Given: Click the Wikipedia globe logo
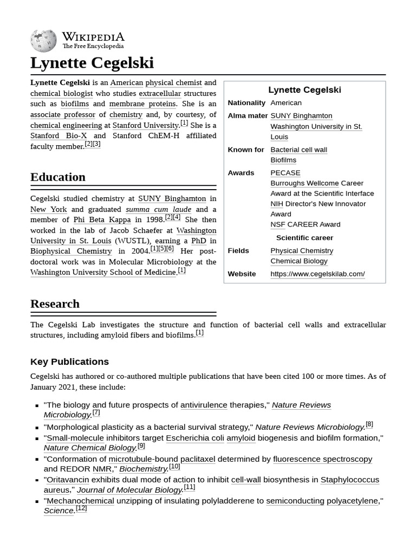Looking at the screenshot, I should (x=43, y=41).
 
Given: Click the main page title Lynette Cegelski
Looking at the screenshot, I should (x=92, y=63).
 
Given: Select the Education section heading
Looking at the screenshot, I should (x=58, y=177).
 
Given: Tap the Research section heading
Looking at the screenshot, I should (x=55, y=304).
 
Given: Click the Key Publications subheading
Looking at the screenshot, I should (x=69, y=362).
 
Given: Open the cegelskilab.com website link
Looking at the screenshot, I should (x=317, y=274).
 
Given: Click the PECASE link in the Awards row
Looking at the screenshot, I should (x=285, y=173).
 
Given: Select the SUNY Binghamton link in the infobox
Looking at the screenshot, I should (x=301, y=115).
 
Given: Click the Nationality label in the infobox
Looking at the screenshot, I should (x=246, y=103).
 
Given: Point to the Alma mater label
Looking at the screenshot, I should (x=248, y=115).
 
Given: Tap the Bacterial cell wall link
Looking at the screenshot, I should (x=298, y=150).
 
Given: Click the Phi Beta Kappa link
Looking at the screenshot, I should (x=102, y=220).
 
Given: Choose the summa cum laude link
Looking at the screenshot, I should (x=158, y=209).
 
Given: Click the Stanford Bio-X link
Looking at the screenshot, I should (x=58, y=135).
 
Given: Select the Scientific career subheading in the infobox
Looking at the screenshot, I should (x=304, y=237).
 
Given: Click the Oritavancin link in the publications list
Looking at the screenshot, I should (x=68, y=480).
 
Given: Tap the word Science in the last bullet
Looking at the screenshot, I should (x=58, y=511).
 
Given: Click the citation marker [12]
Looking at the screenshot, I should (x=81, y=508).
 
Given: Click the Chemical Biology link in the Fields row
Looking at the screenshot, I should (x=298, y=261).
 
